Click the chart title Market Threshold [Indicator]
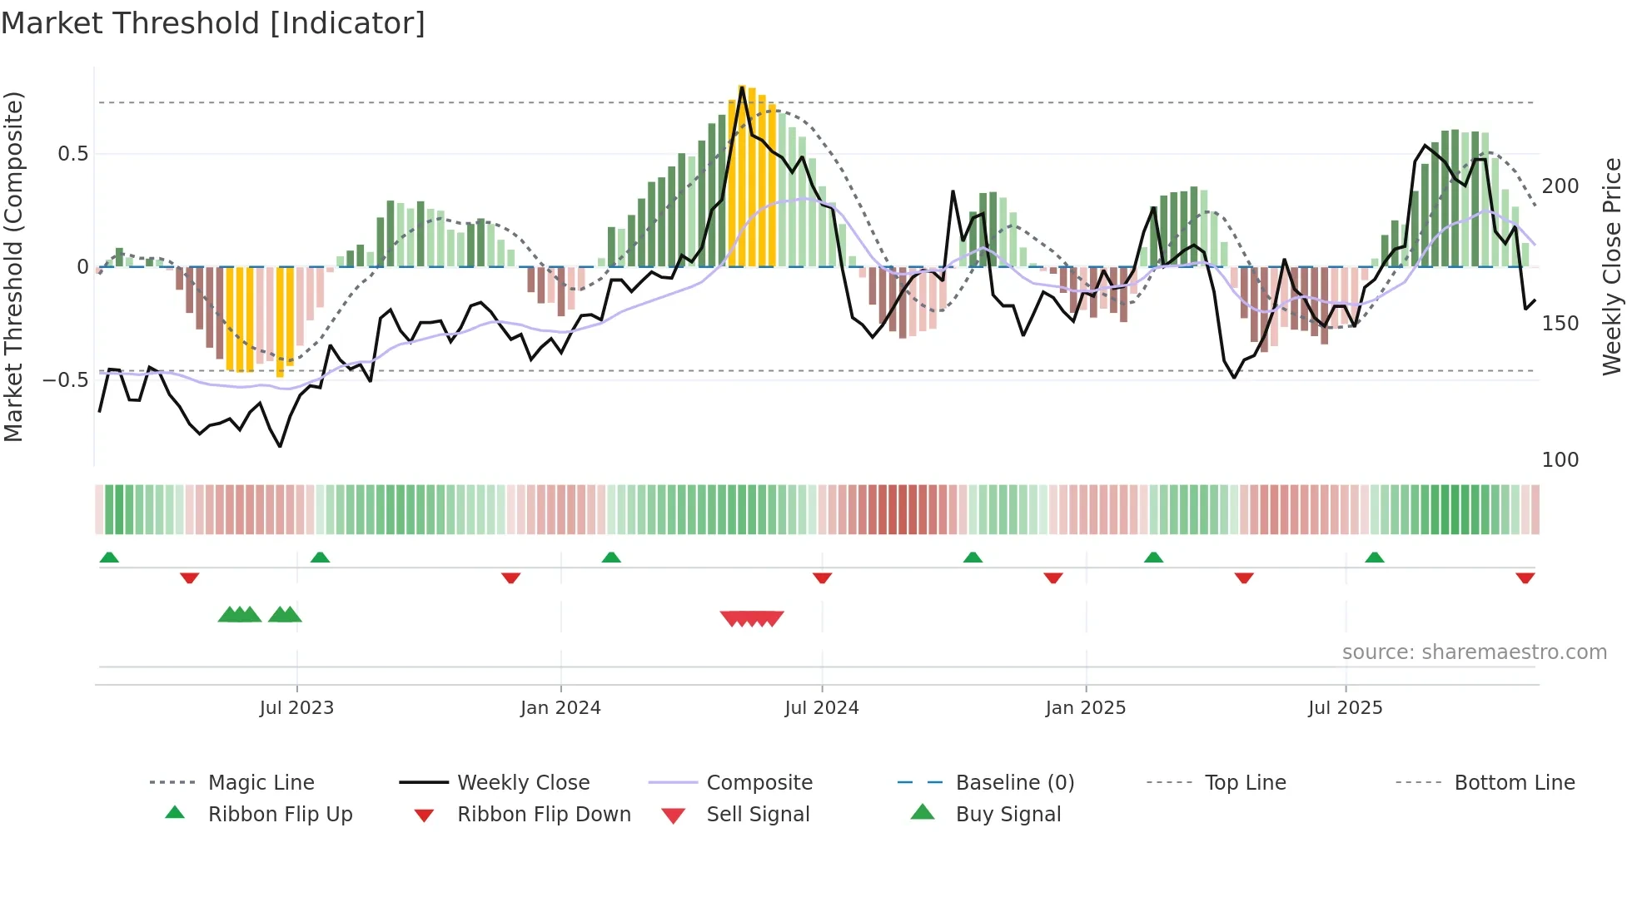pos(213,23)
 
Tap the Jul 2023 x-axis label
pos(296,708)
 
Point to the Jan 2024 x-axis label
pos(560,708)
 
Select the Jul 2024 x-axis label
pos(821,708)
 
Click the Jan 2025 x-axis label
pos(1085,708)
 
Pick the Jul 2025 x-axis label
pos(1345,708)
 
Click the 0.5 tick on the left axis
pos(72,154)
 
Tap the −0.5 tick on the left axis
pos(66,380)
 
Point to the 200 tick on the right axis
pos(1560,186)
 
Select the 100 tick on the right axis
pos(1560,460)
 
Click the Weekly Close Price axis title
pos(1612,266)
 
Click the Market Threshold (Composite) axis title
pos(13,266)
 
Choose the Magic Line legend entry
pos(261,783)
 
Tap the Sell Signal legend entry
pos(758,815)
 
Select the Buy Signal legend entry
pos(1008,815)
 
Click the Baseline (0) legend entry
pos(1014,783)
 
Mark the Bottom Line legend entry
pos(1514,783)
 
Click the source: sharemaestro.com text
pos(1474,652)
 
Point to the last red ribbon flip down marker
pos(1525,577)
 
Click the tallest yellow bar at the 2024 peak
pos(742,175)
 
